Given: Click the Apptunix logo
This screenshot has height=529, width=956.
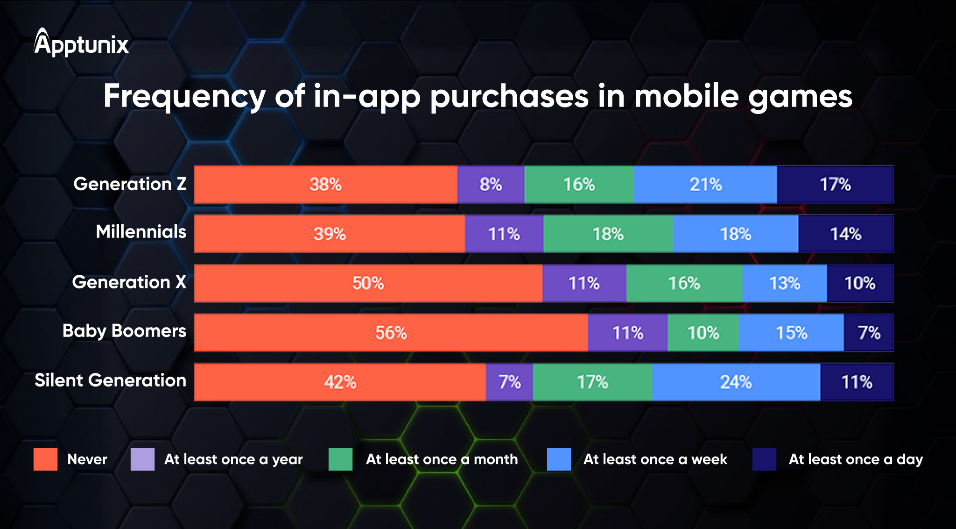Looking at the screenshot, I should [81, 43].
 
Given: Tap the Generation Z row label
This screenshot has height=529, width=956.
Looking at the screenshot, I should [130, 184].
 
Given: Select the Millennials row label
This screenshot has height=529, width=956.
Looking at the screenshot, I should [141, 232].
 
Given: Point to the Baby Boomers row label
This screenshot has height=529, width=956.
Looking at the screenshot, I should [124, 331].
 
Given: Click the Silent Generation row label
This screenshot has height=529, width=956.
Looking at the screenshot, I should [111, 380].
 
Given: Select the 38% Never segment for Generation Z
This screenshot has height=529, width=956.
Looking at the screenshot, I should [325, 185].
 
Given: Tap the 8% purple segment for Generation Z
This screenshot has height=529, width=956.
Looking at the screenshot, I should [491, 185].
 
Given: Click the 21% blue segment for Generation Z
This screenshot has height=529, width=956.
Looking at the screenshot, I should [705, 185].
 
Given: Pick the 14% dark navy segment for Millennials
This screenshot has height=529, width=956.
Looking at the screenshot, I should [845, 234].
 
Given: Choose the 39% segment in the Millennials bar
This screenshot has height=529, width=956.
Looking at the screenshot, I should [330, 234].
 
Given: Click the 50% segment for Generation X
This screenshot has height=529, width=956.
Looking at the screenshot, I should [368, 283].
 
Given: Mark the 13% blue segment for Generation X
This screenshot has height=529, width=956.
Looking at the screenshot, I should [784, 283].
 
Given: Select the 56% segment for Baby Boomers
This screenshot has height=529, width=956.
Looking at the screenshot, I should [391, 333].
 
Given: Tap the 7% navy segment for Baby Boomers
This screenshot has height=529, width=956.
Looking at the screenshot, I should [869, 333].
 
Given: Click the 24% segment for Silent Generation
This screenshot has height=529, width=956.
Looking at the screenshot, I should [736, 382].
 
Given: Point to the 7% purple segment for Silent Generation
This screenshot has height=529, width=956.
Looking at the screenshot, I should [509, 382].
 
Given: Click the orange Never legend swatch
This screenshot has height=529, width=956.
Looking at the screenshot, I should [45, 459].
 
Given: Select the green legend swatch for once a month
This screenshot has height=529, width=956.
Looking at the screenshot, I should [340, 459].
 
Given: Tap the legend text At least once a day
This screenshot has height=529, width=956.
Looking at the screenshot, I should [856, 459].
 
